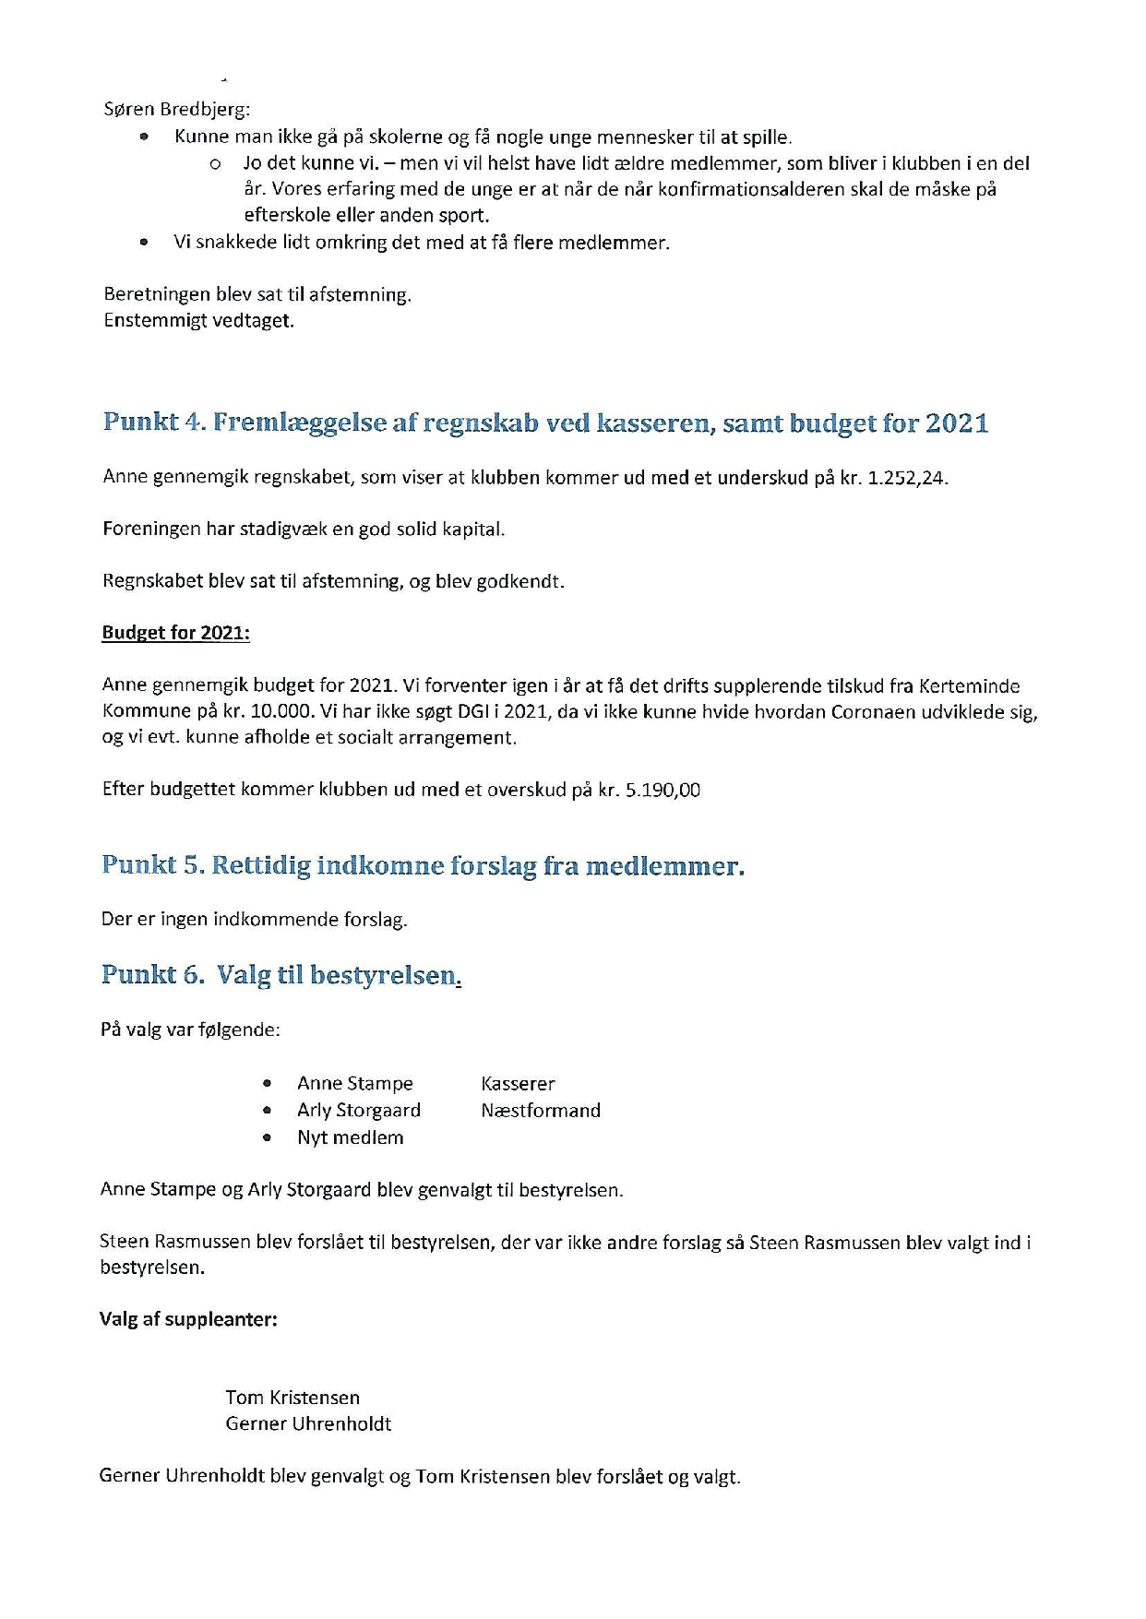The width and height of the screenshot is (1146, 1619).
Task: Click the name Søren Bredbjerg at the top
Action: [x=176, y=110]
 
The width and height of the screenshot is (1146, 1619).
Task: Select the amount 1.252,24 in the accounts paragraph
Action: [x=907, y=478]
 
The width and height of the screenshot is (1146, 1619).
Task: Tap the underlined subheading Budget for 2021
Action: [x=175, y=633]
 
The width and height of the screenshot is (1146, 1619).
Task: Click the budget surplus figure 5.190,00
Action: [x=663, y=790]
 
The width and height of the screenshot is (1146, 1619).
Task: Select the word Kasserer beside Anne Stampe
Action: [x=518, y=1084]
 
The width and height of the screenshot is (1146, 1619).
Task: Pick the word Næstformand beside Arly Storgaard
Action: [x=540, y=1111]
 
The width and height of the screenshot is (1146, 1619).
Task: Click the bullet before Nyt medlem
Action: [x=268, y=1137]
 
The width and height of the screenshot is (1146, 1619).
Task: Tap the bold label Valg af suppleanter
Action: [x=188, y=1319]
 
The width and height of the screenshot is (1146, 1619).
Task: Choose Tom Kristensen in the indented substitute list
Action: [x=292, y=1398]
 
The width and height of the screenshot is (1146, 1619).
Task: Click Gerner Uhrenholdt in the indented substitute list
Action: [x=308, y=1423]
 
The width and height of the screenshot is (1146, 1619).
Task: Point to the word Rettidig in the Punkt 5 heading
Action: [x=260, y=866]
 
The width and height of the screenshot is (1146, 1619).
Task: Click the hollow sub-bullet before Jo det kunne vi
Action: [x=215, y=164]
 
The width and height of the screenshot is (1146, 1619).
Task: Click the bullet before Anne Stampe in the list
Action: [x=268, y=1084]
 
